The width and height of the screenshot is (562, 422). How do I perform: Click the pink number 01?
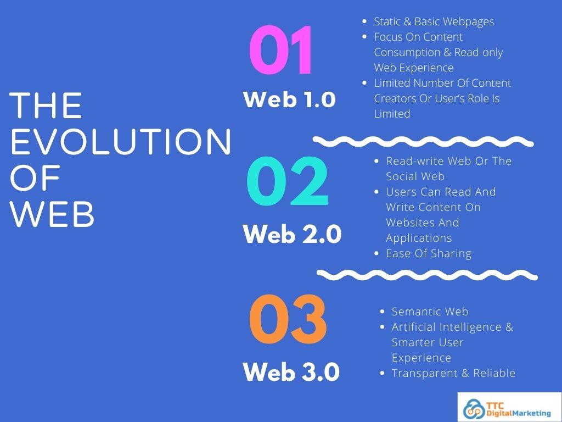click(x=281, y=51)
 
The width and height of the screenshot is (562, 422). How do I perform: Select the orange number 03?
click(x=288, y=320)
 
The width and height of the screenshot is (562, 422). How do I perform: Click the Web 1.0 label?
click(x=289, y=100)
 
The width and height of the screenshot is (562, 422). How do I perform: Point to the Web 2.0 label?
click(x=292, y=235)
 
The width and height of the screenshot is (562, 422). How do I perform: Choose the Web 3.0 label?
click(x=291, y=373)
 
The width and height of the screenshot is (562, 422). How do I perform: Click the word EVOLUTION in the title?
click(x=121, y=142)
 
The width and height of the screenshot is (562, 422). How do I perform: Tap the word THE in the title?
click(x=47, y=105)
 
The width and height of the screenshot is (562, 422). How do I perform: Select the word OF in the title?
click(x=35, y=180)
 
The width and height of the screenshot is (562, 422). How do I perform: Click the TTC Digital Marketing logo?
click(x=509, y=407)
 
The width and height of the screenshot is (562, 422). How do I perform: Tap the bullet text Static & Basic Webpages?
click(x=434, y=21)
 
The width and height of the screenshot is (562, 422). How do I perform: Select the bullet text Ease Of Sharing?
click(x=429, y=253)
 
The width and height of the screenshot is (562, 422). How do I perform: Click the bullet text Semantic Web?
click(x=430, y=312)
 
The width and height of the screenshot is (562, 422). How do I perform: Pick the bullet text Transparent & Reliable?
click(x=453, y=373)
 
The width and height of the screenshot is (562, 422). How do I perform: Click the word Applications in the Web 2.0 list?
click(x=419, y=238)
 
